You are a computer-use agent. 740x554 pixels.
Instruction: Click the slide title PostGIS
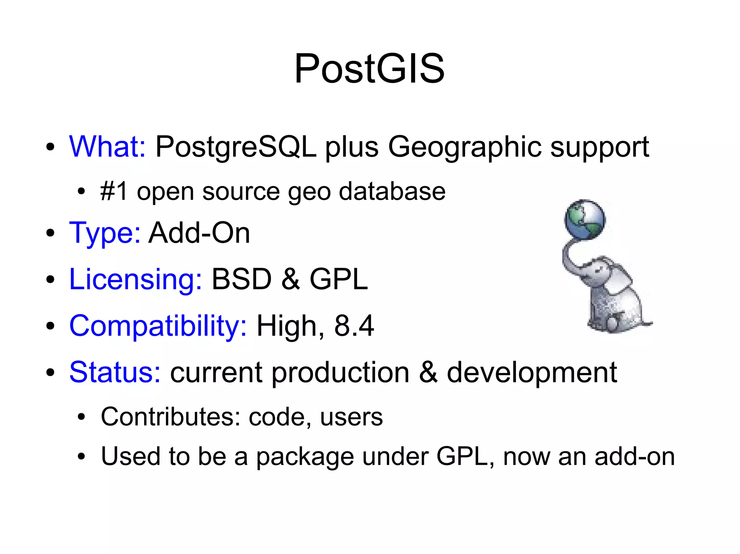tap(369, 69)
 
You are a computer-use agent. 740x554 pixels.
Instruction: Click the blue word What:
tap(107, 147)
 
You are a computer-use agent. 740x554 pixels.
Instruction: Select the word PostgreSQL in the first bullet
tap(236, 147)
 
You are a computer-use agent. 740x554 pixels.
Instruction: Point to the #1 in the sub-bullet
tap(114, 191)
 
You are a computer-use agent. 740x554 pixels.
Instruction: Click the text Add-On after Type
tap(199, 233)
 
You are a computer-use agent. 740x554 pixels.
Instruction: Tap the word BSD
tap(241, 279)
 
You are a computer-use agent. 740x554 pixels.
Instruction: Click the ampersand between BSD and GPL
tap(291, 279)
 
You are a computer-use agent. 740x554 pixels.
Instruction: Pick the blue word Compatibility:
tap(158, 326)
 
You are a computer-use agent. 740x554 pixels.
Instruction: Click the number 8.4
tap(354, 326)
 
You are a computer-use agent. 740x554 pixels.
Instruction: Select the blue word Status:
tap(115, 372)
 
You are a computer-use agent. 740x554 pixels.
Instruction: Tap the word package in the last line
tap(305, 457)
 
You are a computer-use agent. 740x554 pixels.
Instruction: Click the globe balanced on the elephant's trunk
tap(585, 219)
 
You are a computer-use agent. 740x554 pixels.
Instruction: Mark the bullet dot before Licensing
tap(50, 280)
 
